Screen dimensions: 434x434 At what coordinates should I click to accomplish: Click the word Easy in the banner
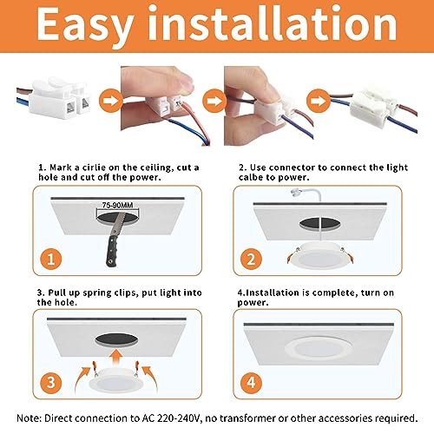point(85,27)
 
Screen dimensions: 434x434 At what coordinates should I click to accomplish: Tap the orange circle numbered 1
point(51,259)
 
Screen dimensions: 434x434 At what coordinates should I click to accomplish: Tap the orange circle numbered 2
point(251,259)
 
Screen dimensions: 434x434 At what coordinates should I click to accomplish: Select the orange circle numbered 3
point(51,383)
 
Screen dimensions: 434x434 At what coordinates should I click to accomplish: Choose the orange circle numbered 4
point(251,383)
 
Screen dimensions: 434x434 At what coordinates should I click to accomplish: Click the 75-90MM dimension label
point(117,205)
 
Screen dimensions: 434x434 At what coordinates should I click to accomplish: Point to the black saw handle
point(112,251)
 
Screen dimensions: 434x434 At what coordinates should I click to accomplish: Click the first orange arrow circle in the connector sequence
point(110,101)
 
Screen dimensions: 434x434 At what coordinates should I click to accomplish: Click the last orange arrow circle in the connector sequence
point(319,101)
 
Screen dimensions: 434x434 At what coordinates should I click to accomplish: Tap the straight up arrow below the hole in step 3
point(116,358)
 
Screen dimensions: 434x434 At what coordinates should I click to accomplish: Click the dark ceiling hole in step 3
point(116,339)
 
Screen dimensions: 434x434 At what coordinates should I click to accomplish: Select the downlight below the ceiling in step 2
point(319,255)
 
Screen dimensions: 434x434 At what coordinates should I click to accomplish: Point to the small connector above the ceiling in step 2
point(296,193)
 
